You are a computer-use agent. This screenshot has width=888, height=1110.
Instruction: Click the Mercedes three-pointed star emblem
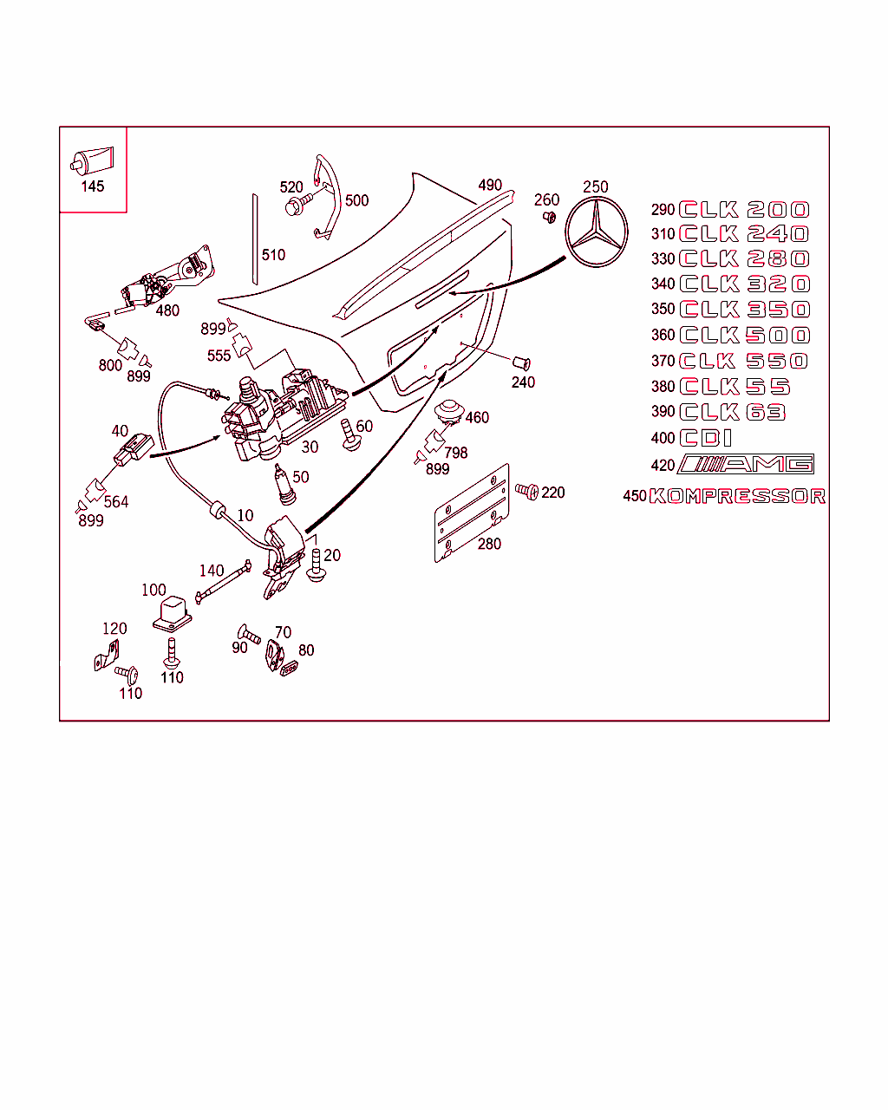click(x=596, y=232)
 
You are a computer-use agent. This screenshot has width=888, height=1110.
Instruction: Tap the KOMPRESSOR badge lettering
click(x=737, y=496)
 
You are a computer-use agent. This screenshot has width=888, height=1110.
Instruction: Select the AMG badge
click(x=746, y=464)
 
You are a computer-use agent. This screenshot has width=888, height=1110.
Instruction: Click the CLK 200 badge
click(x=744, y=210)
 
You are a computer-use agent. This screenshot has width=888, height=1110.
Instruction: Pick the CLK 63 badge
click(x=733, y=412)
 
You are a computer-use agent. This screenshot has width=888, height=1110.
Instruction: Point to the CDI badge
click(x=706, y=438)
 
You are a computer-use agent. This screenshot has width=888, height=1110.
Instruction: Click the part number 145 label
click(x=92, y=186)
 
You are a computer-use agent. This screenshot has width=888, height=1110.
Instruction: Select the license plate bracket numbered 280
click(x=471, y=512)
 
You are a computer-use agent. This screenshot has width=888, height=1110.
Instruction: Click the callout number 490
click(x=490, y=186)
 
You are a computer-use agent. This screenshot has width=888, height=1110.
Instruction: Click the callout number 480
click(x=167, y=310)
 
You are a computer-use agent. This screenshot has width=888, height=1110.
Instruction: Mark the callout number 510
click(x=273, y=255)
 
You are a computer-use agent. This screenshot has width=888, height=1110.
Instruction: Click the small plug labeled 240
click(x=521, y=362)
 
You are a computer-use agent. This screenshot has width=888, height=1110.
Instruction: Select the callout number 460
click(x=477, y=417)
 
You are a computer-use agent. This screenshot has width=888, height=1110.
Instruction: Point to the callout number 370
click(x=663, y=361)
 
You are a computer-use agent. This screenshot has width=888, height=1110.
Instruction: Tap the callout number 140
click(x=212, y=571)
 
